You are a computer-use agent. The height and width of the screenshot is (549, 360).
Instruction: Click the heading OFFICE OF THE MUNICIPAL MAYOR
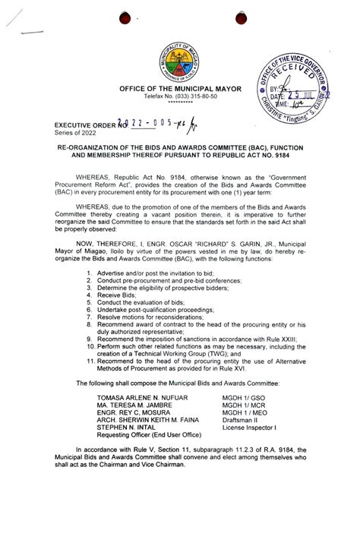point(179,89)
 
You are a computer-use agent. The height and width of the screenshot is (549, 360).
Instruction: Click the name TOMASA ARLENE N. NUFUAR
point(141,396)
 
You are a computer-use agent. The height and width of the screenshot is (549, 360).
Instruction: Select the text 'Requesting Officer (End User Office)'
point(148,434)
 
